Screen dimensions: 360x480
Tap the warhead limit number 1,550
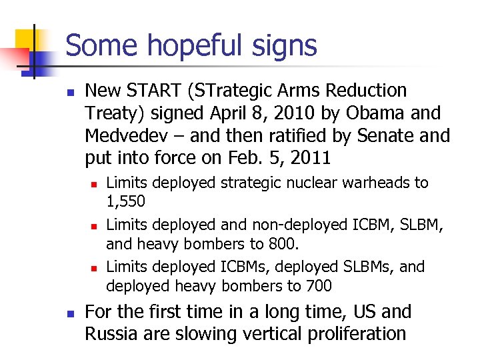point(126,201)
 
